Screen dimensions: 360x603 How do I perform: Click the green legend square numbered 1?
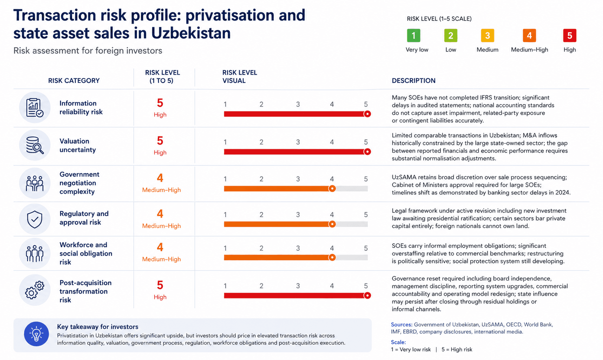click(413, 36)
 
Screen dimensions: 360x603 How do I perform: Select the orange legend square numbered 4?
click(529, 36)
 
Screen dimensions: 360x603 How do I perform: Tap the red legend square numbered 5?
click(569, 36)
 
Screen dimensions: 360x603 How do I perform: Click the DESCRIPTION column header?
click(413, 81)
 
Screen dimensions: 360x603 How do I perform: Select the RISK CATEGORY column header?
click(74, 81)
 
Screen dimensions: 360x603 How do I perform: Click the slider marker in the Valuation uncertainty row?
click(367, 152)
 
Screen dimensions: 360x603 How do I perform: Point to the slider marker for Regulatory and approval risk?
click(332, 224)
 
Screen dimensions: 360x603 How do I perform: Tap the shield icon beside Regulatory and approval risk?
click(35, 219)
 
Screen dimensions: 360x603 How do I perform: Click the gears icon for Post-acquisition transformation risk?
click(35, 290)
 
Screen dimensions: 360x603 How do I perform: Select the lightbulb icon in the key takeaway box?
click(36, 334)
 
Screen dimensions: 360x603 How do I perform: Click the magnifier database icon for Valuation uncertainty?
click(35, 145)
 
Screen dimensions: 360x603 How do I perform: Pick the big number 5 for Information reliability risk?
click(160, 103)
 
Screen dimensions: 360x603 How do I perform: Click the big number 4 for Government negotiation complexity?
click(160, 178)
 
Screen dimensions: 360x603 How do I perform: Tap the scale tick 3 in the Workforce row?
click(298, 248)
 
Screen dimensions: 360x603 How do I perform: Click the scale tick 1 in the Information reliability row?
click(225, 104)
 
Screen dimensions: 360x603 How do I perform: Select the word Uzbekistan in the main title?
click(191, 33)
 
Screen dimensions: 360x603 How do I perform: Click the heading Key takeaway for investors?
click(98, 327)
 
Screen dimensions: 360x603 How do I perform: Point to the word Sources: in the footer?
click(401, 324)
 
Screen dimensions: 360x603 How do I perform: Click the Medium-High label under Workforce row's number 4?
click(161, 259)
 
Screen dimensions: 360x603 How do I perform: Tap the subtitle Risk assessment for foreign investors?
click(88, 51)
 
